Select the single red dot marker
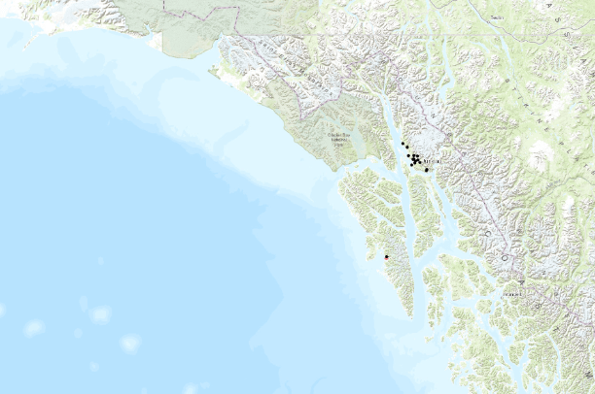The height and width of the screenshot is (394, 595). click(x=386, y=256)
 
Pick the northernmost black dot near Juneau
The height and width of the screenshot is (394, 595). click(x=402, y=143)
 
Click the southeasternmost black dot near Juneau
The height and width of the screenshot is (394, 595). click(x=427, y=170)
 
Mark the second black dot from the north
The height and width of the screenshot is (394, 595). click(x=406, y=147)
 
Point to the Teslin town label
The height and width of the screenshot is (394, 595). click(x=497, y=17)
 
